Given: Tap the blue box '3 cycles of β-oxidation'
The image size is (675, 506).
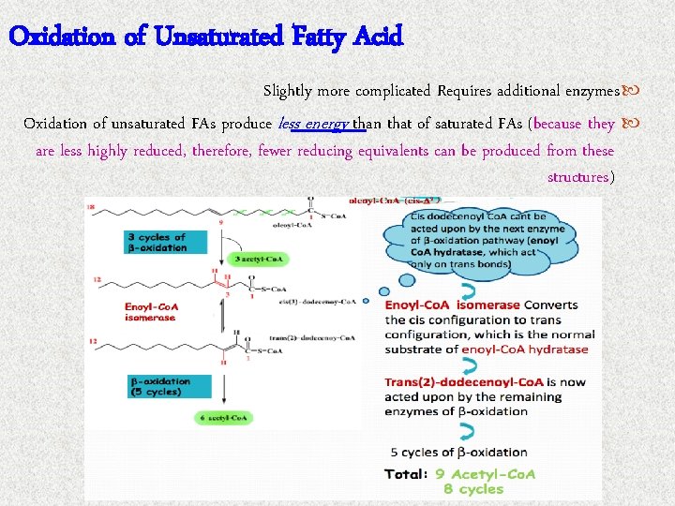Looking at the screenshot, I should coord(157,242).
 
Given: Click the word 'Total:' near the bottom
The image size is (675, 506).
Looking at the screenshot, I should coord(407,474).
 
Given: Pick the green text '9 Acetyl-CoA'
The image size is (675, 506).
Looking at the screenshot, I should coord(485,474).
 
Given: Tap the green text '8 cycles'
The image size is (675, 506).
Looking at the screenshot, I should coord(473,489).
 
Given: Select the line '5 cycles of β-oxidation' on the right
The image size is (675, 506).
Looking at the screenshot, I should coord(458,453).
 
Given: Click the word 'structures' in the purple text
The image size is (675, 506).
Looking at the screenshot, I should coord(577,177).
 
